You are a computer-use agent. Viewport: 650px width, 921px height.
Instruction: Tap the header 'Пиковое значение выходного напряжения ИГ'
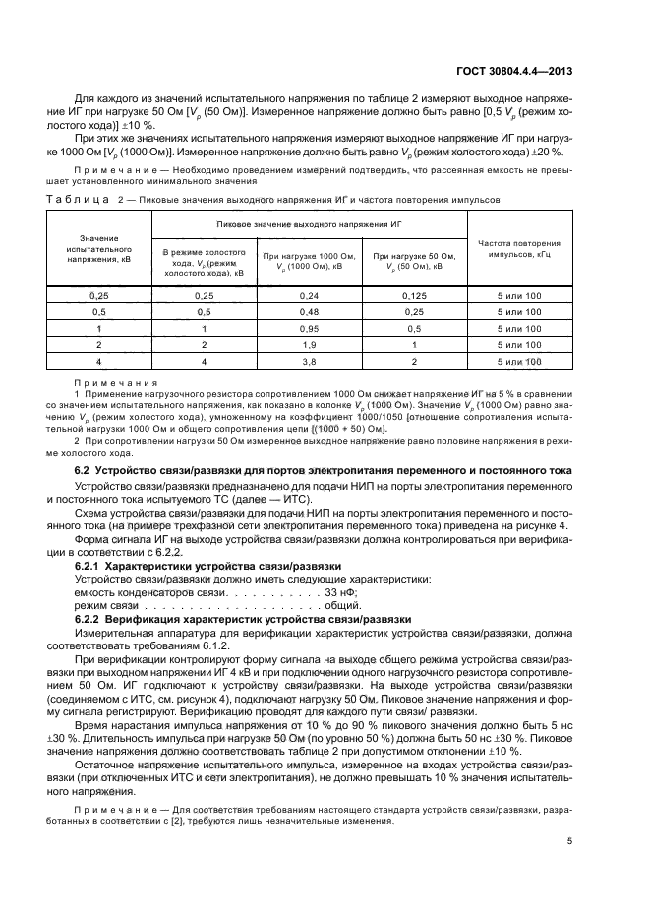click(x=310, y=224)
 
